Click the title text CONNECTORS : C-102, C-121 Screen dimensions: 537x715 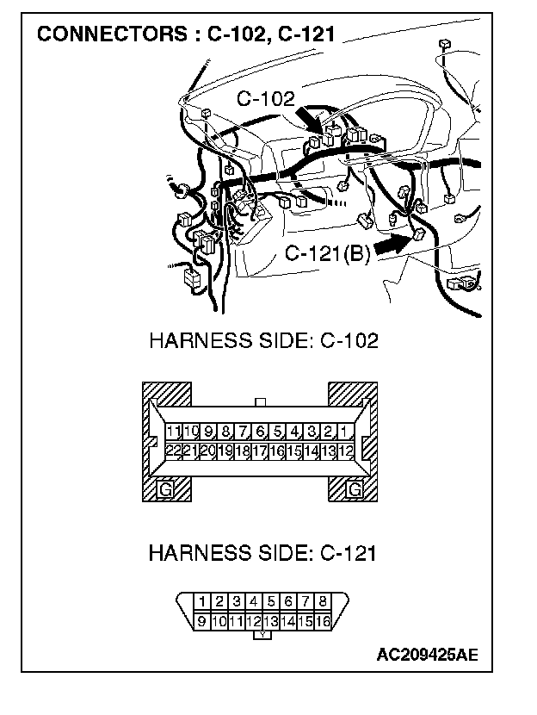(185, 35)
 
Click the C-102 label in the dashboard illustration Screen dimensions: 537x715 (265, 99)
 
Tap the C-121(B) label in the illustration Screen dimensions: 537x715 (327, 254)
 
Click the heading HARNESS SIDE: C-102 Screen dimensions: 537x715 (263, 340)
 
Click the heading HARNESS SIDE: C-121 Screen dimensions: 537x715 (262, 552)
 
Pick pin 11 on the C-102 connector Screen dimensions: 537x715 (174, 431)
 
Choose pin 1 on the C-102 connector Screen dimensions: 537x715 (345, 431)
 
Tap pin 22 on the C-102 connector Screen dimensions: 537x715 (174, 450)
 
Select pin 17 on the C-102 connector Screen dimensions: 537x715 (259, 450)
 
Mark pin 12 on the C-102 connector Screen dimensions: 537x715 (345, 450)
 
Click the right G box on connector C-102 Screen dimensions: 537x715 (354, 490)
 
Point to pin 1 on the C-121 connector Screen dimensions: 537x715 (202, 601)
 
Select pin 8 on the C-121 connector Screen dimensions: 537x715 (322, 601)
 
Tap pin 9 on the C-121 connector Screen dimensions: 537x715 (202, 619)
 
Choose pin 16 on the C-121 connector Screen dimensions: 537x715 (322, 619)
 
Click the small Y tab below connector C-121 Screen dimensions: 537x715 (262, 636)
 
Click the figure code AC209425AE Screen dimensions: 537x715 (427, 655)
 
